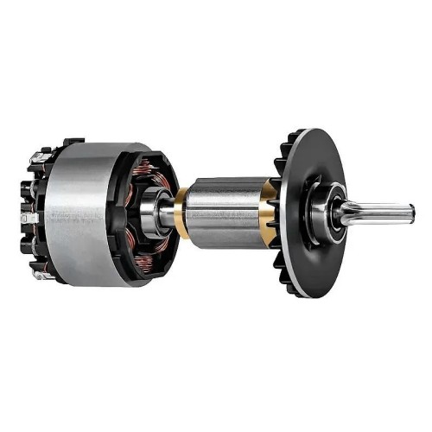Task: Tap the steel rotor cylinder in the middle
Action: click(225, 212)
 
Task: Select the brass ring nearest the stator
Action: click(182, 212)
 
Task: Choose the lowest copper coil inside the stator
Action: click(143, 259)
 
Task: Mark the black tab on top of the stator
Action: click(73, 140)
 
